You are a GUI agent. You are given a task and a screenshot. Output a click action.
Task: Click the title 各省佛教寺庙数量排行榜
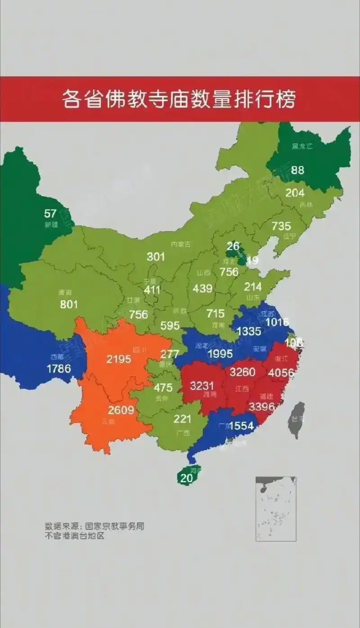point(179,99)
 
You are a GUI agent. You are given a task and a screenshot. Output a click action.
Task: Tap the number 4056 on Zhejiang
point(281,373)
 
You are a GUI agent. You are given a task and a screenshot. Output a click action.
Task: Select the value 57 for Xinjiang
point(50,213)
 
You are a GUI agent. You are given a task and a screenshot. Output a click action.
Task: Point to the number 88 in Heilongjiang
point(297,170)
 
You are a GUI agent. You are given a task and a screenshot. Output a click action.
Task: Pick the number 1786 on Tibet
point(58,368)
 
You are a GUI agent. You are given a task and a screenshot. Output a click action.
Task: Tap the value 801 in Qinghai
point(69,304)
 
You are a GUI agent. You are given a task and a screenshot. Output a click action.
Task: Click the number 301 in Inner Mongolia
point(156,257)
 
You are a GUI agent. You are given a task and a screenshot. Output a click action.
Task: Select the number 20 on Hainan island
point(186,479)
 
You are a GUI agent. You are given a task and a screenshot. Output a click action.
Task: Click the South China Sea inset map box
point(276,508)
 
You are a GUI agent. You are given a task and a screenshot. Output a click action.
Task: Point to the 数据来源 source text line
point(94,526)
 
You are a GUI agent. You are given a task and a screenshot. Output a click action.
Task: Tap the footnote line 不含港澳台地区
point(74,536)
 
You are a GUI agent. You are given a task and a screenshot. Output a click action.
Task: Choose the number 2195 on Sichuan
point(119,359)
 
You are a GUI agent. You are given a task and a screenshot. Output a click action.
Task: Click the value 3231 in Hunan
point(202,386)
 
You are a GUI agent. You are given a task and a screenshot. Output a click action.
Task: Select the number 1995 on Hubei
point(220,353)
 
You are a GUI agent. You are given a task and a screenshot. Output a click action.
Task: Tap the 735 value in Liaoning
point(281,226)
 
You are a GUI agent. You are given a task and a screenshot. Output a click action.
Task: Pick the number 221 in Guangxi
point(182,419)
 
